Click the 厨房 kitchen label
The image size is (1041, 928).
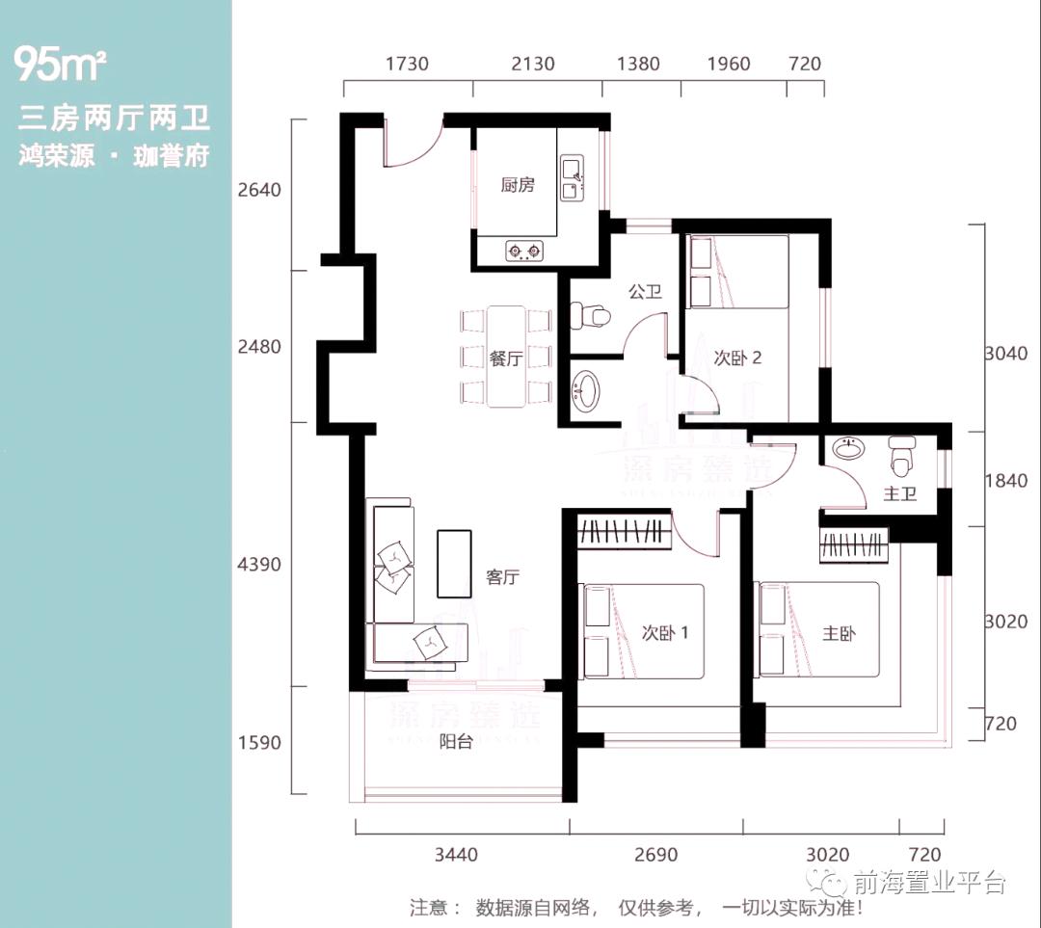[518, 185]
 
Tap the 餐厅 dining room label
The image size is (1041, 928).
[505, 358]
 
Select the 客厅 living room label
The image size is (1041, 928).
[503, 577]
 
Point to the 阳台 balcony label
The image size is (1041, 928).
[456, 742]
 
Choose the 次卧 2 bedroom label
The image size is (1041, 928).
[738, 358]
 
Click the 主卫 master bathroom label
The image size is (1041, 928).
[899, 495]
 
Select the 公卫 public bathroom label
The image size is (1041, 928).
[645, 291]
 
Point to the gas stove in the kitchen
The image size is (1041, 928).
[525, 252]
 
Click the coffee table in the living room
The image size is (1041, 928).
[455, 563]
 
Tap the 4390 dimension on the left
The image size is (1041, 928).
[259, 564]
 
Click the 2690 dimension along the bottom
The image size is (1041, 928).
[655, 854]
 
